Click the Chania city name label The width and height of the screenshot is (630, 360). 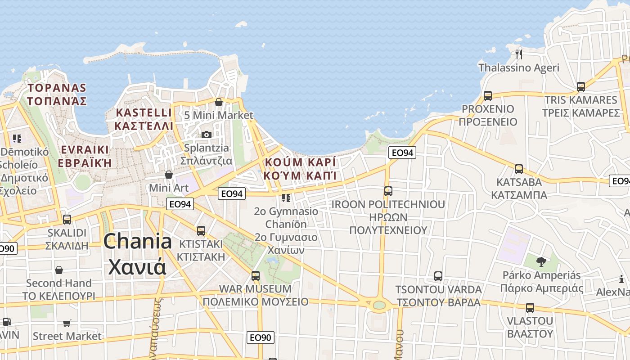(x=137, y=254)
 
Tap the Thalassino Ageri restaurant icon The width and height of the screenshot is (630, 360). (x=519, y=54)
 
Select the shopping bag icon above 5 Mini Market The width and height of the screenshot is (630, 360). (x=219, y=102)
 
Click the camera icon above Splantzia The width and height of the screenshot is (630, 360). (x=207, y=135)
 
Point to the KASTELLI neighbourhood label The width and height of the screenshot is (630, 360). (x=144, y=119)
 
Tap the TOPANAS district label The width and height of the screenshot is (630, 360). (x=57, y=94)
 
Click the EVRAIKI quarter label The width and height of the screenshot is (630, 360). (x=85, y=156)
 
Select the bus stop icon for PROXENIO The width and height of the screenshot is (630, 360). (x=488, y=95)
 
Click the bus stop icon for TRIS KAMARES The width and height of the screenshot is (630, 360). (x=581, y=87)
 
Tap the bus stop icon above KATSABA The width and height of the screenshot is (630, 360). (x=519, y=169)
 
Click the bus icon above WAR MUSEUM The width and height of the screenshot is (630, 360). (x=256, y=275)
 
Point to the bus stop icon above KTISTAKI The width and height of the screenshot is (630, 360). (x=201, y=231)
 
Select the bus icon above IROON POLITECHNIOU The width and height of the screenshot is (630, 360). (x=388, y=191)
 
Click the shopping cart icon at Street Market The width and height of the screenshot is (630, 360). (x=67, y=323)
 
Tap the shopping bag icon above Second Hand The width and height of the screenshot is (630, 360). (x=59, y=270)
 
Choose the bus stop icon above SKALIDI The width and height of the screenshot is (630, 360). (x=67, y=220)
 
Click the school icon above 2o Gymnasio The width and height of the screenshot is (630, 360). (x=286, y=198)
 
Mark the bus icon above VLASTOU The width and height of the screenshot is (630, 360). (x=530, y=308)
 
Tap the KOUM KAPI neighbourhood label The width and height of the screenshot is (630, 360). (x=301, y=169)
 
